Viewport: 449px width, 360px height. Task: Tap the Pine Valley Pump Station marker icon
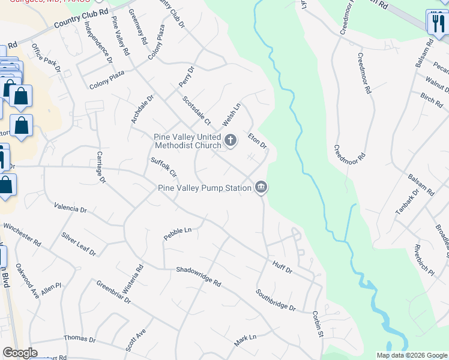pyautogui.click(x=261, y=188)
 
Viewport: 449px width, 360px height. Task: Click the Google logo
pyautogui.click(x=20, y=353)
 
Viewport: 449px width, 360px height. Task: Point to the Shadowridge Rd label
pyautogui.click(x=199, y=276)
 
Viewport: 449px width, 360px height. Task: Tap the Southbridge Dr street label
pyautogui.click(x=276, y=300)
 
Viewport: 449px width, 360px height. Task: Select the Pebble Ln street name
pyautogui.click(x=177, y=233)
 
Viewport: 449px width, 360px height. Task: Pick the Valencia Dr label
pyautogui.click(x=70, y=208)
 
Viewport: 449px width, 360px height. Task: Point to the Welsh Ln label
pyautogui.click(x=231, y=114)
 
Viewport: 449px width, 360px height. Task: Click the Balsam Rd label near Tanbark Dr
pyautogui.click(x=421, y=184)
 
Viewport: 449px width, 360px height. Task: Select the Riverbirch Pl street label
pyautogui.click(x=424, y=259)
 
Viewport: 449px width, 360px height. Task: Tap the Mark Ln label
pyautogui.click(x=245, y=340)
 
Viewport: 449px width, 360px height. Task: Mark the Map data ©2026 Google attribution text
pyautogui.click(x=411, y=355)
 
